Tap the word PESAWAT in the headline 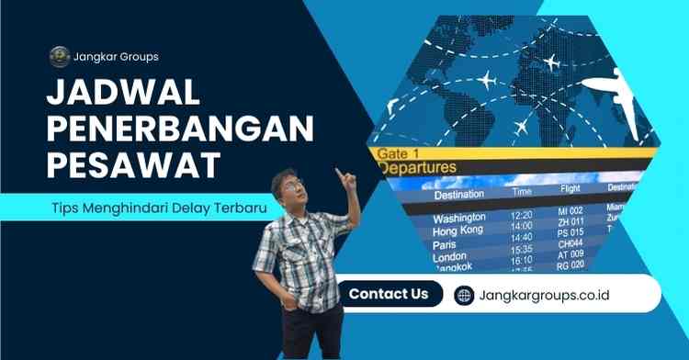pos(132,165)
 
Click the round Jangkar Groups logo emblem pos(60,56)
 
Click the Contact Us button pos(388,294)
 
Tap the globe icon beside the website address pos(464,295)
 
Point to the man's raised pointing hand pos(343,174)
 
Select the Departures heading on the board pos(418,168)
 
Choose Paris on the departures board pos(447,245)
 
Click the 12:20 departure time pos(522,214)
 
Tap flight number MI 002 pos(571,211)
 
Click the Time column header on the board pos(522,192)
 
